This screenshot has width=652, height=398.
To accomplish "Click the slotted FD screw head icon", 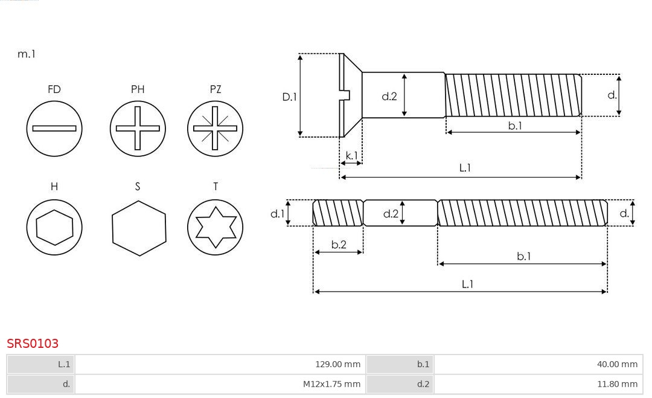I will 54,128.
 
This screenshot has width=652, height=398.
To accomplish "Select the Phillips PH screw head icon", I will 138,128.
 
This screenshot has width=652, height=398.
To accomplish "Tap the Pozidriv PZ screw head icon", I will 215,128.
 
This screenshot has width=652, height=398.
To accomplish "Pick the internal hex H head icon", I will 54,228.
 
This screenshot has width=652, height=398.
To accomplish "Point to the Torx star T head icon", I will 215,228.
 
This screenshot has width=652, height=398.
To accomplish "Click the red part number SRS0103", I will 33,344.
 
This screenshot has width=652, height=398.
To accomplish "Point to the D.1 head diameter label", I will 290,96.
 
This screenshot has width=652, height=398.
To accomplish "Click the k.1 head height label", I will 351,155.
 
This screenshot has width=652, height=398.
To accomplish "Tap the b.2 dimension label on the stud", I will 339,245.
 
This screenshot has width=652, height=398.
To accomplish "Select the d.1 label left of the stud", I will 276,213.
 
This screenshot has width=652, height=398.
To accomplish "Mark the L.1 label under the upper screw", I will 465,169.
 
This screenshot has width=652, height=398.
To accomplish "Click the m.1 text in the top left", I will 27,54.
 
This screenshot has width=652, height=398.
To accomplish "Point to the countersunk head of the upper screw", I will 350,95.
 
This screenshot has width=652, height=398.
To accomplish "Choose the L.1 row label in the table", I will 64,365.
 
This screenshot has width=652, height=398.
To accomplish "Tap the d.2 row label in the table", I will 423,384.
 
